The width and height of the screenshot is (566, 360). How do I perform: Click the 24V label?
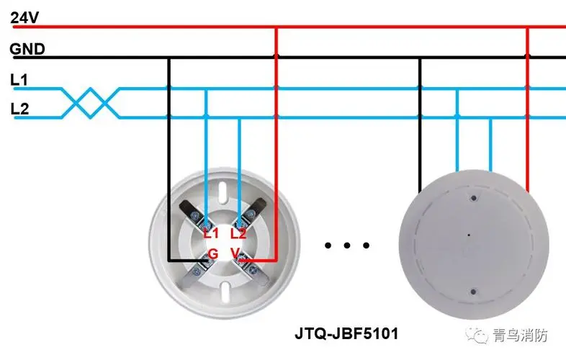(x=24, y=17)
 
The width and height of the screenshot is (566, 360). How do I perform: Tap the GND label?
(x=27, y=49)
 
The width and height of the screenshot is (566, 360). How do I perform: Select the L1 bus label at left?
(x=19, y=80)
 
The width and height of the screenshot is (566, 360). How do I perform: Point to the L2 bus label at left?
(x=19, y=109)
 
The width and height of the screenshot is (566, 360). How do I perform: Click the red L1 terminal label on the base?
(x=211, y=233)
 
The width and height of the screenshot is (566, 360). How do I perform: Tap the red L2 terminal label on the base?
(x=238, y=233)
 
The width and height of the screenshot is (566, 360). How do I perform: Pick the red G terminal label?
(x=213, y=254)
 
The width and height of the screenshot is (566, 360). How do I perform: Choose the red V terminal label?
(x=235, y=253)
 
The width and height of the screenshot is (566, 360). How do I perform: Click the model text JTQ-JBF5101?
(x=346, y=333)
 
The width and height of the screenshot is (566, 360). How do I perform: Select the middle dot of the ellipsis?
(x=347, y=246)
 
